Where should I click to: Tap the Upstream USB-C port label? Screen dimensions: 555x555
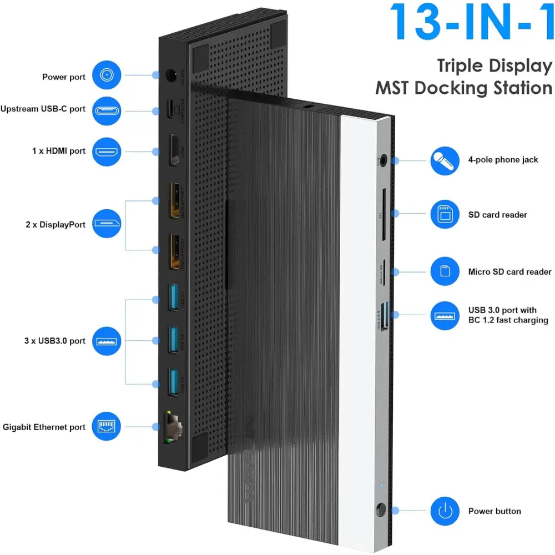[43, 109]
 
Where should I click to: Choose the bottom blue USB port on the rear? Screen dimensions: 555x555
[174, 383]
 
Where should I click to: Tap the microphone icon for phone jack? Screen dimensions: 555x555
[444, 160]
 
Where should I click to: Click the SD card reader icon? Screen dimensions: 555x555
[444, 214]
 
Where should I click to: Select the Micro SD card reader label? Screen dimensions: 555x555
[509, 272]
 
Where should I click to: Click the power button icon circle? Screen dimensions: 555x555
[444, 511]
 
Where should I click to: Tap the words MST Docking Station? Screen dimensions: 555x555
[463, 88]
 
